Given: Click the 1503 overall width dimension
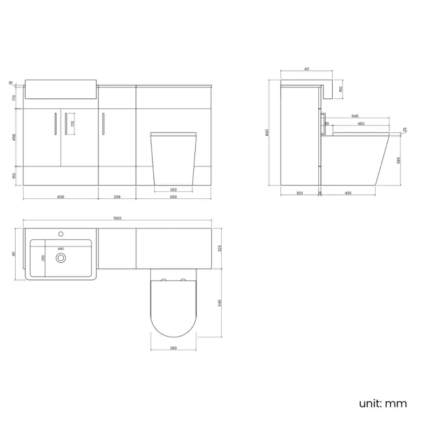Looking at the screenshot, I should (x=118, y=219).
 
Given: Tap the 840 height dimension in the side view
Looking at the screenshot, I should (x=268, y=132).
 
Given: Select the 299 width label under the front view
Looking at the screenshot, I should (x=117, y=196).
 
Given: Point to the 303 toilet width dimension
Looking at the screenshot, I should (x=173, y=190).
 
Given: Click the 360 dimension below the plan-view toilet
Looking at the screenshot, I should (x=173, y=348).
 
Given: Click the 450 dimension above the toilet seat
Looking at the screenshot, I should (x=361, y=124).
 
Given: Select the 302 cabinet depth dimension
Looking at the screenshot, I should (x=299, y=193).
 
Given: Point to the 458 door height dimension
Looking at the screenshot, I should (x=15, y=138).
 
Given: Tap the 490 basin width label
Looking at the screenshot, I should (x=61, y=249).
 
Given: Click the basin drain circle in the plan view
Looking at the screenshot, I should (x=61, y=258).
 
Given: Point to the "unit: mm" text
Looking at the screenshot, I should (x=383, y=403).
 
